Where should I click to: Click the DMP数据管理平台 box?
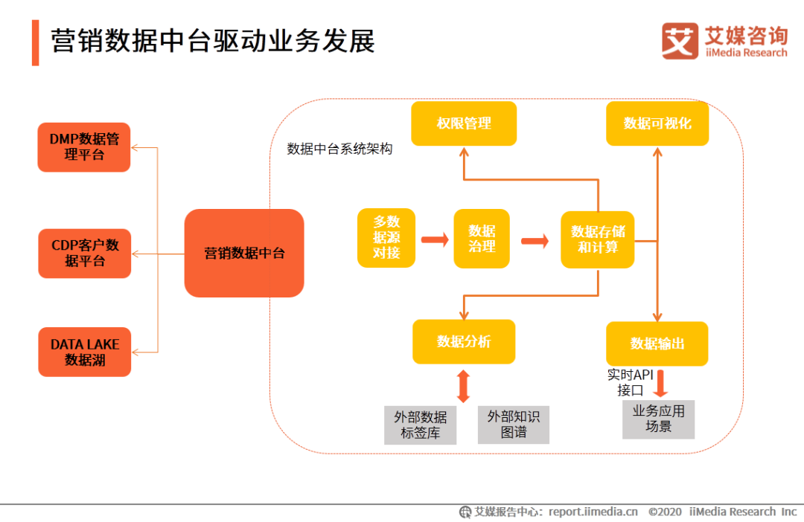[x=84, y=147]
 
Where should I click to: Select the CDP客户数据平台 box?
[x=85, y=253]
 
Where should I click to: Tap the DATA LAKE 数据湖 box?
[x=85, y=352]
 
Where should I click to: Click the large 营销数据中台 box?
[x=244, y=253]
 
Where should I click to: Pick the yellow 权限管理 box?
[x=464, y=123]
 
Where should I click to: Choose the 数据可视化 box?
[x=657, y=123]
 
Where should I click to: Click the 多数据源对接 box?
[x=386, y=238]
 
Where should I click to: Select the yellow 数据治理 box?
[x=482, y=238]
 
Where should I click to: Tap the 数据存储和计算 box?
[x=597, y=239]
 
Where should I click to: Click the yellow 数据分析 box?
[x=464, y=342]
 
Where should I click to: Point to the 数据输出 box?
[x=657, y=344]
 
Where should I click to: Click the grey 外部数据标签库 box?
[x=420, y=425]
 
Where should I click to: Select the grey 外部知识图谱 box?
[x=513, y=425]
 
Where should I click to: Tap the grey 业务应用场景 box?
[x=658, y=419]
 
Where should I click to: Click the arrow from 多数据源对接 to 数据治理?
[x=435, y=239]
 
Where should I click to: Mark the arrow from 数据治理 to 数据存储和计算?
[x=535, y=241]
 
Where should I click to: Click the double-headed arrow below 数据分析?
[x=464, y=386]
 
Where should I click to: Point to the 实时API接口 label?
[x=631, y=383]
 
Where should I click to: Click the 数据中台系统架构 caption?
[x=339, y=149]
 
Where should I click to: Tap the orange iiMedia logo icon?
[x=680, y=41]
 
